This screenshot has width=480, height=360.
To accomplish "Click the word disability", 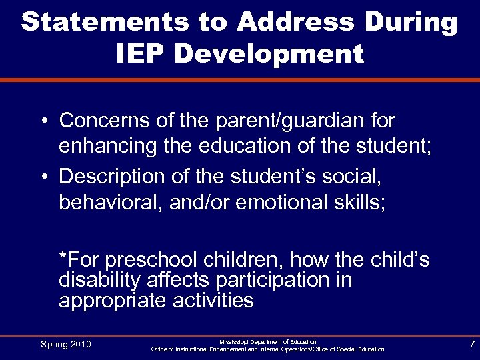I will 96,280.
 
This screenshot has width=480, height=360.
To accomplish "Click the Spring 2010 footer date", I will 65,344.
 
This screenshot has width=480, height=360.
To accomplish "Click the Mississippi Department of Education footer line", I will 268,341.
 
